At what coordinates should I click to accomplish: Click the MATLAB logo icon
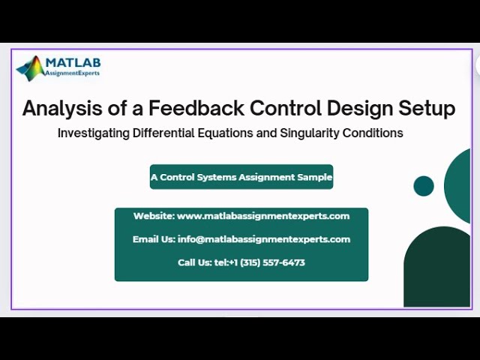tap(31, 68)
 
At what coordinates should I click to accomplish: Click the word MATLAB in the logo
tap(73, 62)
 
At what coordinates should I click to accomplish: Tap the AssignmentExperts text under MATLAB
tap(72, 74)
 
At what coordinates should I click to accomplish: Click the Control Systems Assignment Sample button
tap(241, 177)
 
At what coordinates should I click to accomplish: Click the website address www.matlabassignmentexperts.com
tap(263, 216)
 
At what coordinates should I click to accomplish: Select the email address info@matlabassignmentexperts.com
tap(264, 239)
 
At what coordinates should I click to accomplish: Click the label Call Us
tap(194, 262)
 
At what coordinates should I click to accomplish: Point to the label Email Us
tap(154, 239)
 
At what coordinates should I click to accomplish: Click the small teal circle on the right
tap(424, 186)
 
